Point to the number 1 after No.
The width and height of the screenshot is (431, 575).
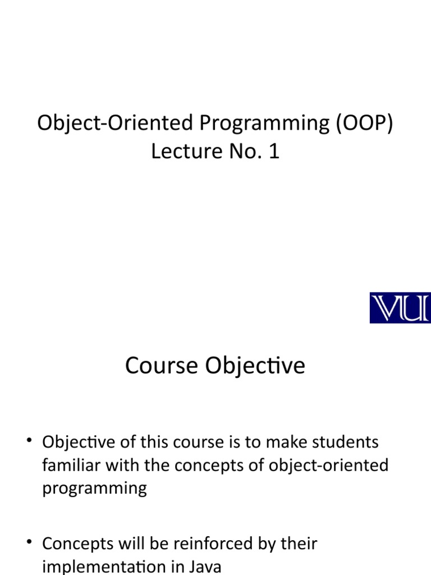coord(274,150)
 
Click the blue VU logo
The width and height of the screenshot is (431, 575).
coord(400,308)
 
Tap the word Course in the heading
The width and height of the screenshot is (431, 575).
coord(162,366)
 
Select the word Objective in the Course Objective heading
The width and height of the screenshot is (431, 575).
coord(255,366)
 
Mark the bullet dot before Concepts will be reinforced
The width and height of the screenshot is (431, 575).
coord(29,542)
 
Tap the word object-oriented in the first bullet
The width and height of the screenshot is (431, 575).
coord(328,466)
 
